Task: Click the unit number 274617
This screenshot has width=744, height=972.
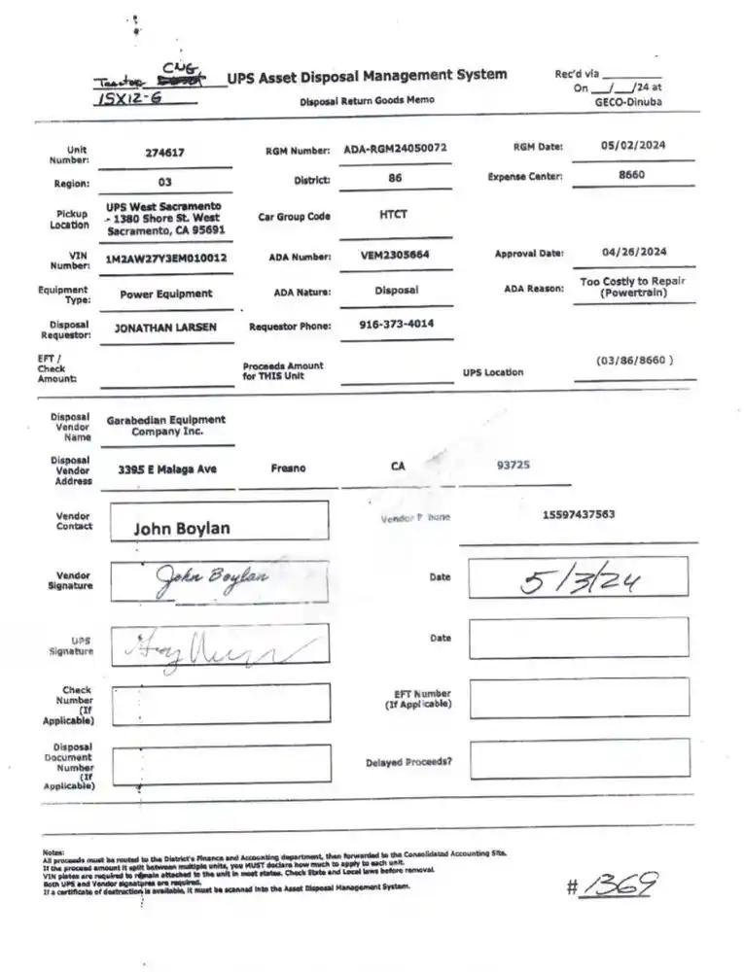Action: point(164,153)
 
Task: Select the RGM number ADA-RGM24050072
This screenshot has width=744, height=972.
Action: point(395,150)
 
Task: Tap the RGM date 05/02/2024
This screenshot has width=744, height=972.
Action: point(633,145)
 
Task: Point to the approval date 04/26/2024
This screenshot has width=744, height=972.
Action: point(633,252)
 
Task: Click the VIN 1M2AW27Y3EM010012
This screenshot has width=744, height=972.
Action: point(166,259)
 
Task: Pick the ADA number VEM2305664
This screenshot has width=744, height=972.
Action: point(395,256)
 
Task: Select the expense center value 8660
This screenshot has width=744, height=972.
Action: point(631,175)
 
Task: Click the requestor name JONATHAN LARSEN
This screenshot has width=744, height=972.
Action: point(165,328)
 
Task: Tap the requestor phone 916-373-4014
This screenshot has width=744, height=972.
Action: point(396,324)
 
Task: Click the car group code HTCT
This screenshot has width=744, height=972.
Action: point(393,215)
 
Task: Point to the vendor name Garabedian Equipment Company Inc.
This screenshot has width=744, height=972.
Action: point(165,426)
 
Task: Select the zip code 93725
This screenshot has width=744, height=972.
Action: point(513,465)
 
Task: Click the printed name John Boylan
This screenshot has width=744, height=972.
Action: point(182,529)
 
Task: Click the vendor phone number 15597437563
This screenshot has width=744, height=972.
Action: point(578,514)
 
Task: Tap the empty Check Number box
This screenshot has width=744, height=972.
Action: point(221,703)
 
